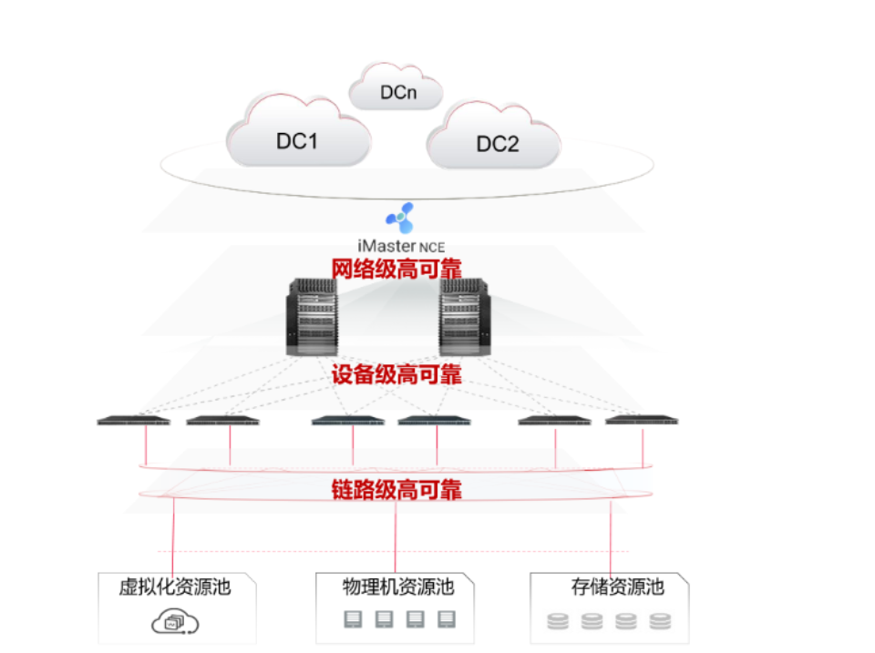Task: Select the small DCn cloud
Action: click(x=396, y=90)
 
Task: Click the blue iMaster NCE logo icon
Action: click(x=400, y=219)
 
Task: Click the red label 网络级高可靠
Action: click(x=396, y=269)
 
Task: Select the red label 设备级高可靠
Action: click(x=396, y=374)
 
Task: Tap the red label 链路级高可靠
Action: click(x=396, y=490)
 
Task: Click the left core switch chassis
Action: click(x=313, y=317)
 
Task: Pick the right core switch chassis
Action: click(x=465, y=317)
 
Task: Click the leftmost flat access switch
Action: click(x=134, y=421)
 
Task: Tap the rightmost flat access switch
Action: click(x=642, y=420)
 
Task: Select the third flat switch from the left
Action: click(x=347, y=421)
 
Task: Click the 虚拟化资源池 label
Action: click(x=175, y=587)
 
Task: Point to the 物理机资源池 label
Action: click(x=398, y=587)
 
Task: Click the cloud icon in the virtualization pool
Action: click(x=175, y=622)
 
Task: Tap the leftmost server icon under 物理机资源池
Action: click(x=353, y=620)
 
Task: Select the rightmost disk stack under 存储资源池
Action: click(x=660, y=622)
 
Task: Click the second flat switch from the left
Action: click(x=222, y=421)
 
